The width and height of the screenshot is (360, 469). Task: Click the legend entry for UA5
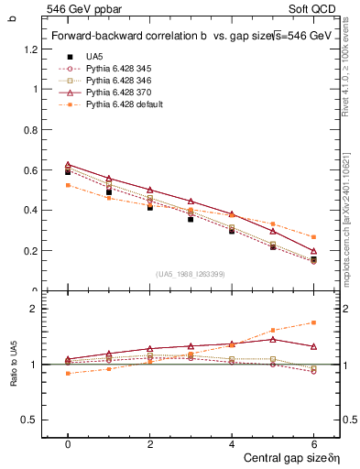click(x=94, y=56)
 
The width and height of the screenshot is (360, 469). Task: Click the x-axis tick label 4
click(x=232, y=443)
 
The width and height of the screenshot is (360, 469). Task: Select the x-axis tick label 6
click(x=314, y=443)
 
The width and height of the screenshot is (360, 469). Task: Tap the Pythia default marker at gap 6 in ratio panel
click(x=314, y=322)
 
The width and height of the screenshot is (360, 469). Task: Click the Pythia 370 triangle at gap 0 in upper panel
click(x=68, y=164)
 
